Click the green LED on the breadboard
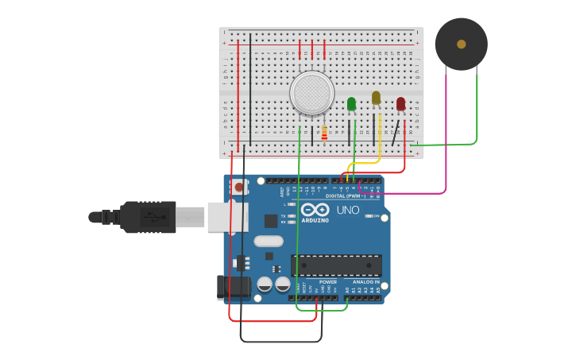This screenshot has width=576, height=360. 351,103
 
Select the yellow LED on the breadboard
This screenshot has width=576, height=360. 376,98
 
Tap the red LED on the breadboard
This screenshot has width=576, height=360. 400,103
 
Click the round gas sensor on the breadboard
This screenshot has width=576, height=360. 311,93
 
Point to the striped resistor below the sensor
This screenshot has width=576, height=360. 324,133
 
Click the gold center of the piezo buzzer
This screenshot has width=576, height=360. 461,45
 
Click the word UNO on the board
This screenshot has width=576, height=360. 348,210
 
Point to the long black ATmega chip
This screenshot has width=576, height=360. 336,265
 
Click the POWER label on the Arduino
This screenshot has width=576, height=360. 328,282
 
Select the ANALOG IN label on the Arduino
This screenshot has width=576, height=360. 365,282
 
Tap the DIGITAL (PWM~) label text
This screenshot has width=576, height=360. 346,195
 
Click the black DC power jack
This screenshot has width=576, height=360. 233,287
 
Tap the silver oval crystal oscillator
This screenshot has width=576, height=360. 269,241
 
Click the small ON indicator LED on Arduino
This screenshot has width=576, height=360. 368,215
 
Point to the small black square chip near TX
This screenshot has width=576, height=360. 271,220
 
